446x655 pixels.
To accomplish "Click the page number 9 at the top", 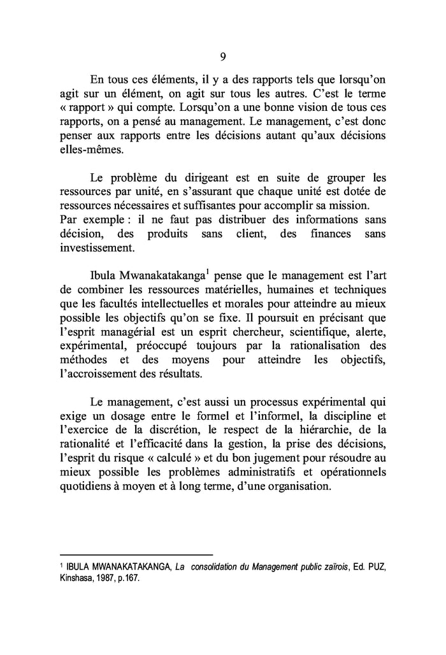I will [223, 57].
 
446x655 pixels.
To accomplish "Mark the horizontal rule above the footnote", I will [135, 554].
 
